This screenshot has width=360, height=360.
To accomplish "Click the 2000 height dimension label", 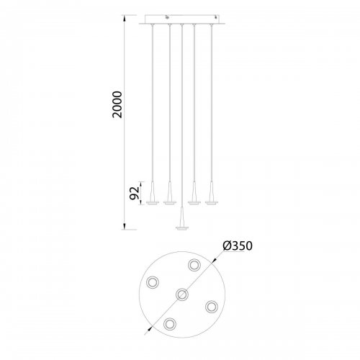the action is [117, 104].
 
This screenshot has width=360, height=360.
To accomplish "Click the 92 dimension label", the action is [135, 193].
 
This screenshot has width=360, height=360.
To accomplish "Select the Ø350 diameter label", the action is [238, 246].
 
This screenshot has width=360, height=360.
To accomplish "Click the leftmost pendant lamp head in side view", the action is [153, 194].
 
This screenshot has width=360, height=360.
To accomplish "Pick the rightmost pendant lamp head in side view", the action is [212, 194].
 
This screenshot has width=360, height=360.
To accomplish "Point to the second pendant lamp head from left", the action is [170, 194].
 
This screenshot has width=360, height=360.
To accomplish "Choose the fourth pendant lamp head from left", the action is [194, 194].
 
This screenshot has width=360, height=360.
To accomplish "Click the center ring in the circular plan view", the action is [182, 294].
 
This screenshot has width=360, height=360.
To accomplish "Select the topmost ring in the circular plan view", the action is [194, 265].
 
